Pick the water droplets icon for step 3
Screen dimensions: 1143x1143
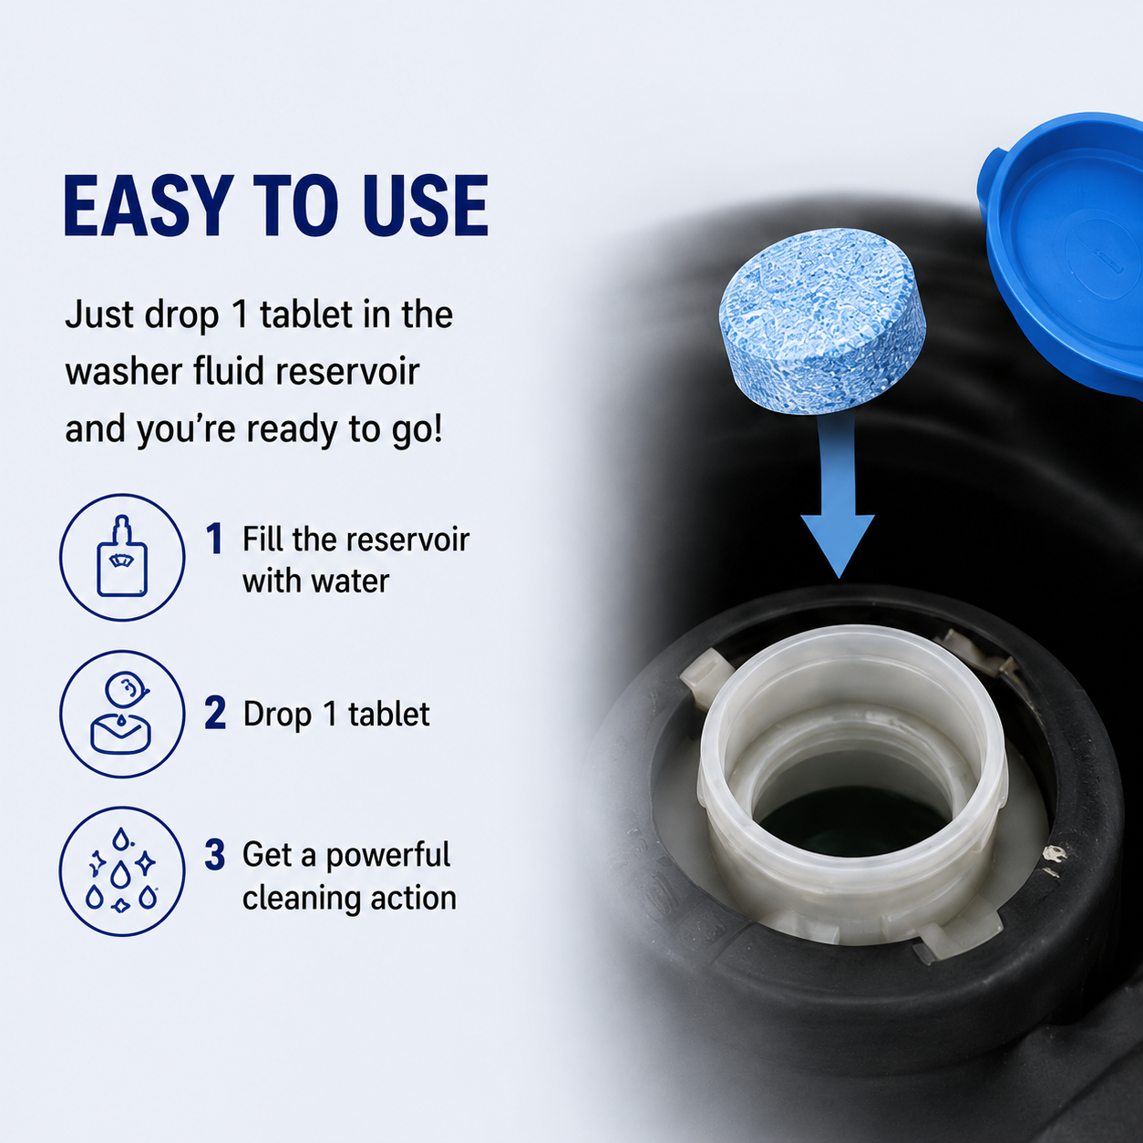[122, 871]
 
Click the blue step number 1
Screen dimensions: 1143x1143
[214, 538]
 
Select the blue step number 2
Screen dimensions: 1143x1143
[215, 713]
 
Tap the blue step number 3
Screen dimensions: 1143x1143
[215, 855]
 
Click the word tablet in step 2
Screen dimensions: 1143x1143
[388, 714]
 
